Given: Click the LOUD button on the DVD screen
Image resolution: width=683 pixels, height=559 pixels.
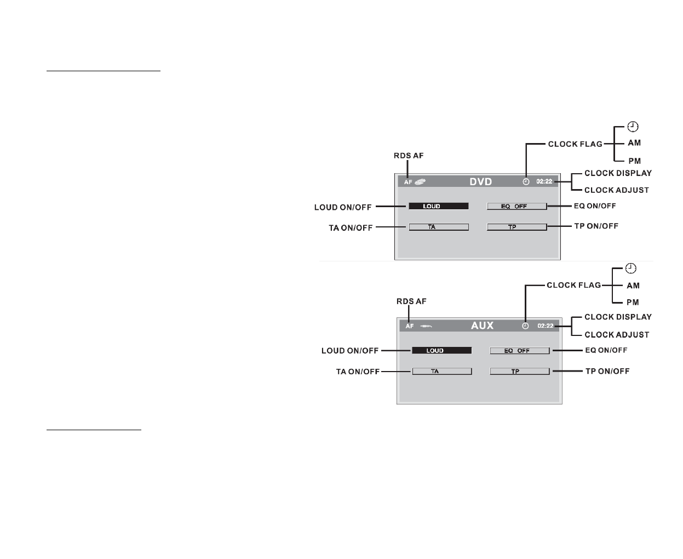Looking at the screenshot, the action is [438, 206].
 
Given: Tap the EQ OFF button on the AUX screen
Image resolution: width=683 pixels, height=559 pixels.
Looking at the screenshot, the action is [519, 351].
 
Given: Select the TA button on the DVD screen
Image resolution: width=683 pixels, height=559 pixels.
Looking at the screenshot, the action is [438, 227].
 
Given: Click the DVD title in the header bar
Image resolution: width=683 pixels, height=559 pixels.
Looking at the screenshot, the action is [480, 181].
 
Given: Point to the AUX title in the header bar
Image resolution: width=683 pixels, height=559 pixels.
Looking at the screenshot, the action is [482, 326].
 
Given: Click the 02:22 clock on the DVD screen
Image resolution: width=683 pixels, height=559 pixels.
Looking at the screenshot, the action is [544, 181].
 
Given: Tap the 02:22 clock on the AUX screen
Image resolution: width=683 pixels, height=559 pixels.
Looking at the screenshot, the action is [546, 326].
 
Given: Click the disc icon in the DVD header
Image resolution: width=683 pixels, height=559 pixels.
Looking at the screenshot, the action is [420, 181].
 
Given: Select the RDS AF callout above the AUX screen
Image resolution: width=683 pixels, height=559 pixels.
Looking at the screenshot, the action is [411, 301].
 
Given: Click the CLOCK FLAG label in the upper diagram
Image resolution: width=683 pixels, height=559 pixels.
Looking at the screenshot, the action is [575, 144].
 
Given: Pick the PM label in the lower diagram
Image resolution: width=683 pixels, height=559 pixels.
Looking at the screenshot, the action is [633, 302].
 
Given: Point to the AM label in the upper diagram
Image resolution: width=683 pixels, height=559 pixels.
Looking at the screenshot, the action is [634, 143].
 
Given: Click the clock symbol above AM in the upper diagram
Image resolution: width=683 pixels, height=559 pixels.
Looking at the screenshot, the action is [633, 127].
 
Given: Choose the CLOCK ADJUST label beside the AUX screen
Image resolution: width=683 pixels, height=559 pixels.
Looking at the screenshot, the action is [617, 334].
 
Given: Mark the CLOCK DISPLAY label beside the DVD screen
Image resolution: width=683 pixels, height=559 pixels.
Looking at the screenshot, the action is [618, 173].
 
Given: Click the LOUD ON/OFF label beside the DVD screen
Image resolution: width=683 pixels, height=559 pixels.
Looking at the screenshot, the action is [343, 207].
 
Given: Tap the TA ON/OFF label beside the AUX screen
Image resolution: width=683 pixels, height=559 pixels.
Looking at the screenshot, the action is [358, 372].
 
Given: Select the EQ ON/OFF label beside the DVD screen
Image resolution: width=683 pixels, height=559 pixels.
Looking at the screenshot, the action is [594, 206].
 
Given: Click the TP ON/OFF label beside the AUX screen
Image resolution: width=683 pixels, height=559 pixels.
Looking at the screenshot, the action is [607, 371].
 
